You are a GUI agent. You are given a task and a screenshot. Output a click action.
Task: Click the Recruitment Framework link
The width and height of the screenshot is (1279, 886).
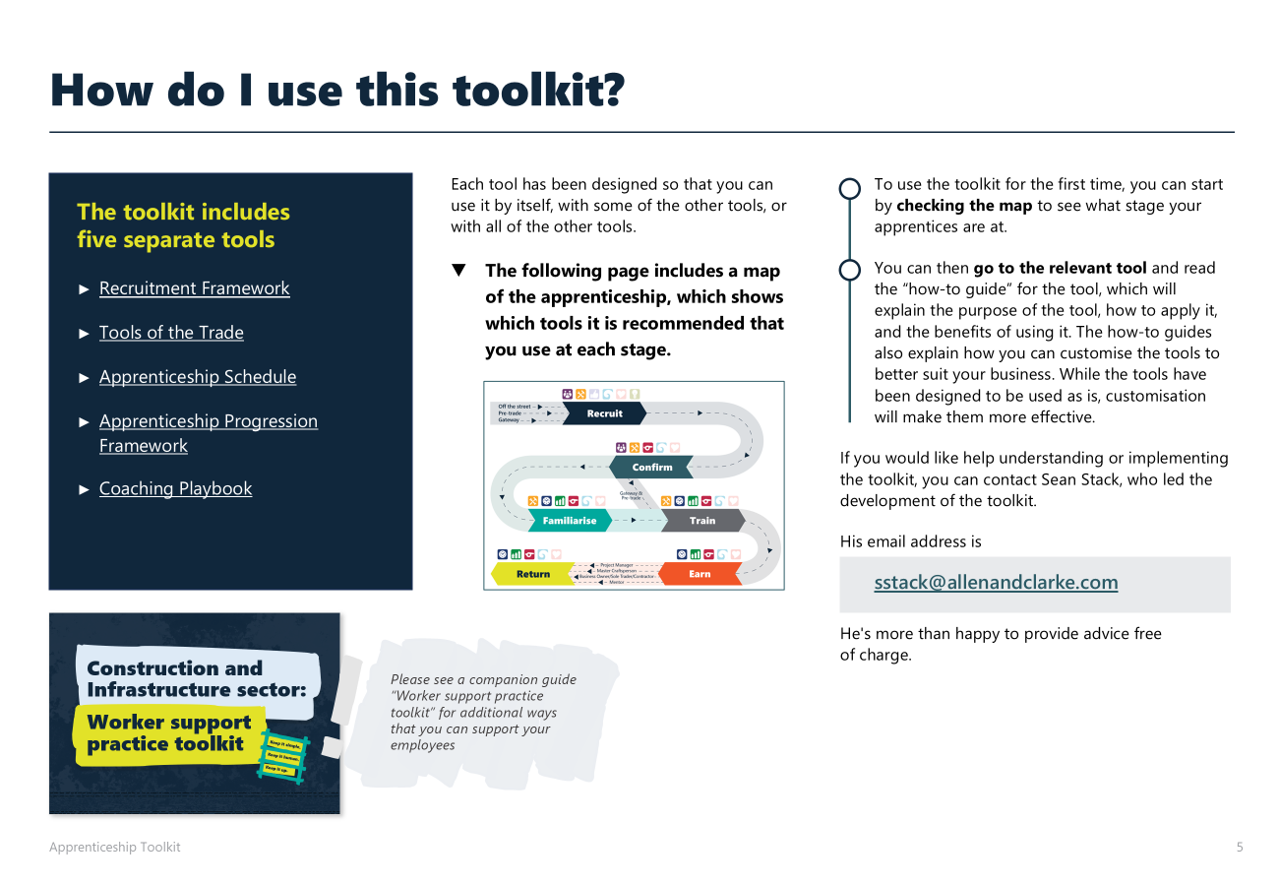[x=194, y=288]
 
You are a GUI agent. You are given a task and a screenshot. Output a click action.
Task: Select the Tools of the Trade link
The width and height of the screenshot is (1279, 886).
[x=171, y=333]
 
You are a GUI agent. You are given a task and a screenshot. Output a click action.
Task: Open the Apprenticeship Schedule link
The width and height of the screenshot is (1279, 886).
[x=197, y=377]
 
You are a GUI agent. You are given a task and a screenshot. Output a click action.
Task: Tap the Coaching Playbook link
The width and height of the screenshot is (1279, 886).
[x=175, y=489]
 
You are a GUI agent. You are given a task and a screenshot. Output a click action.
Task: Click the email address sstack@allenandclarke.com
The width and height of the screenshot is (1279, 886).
[x=996, y=582]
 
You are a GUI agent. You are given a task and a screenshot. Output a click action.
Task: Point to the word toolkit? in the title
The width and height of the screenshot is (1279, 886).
[x=538, y=91]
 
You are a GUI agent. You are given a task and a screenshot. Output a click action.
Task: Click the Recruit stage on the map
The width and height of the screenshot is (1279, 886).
[x=604, y=413]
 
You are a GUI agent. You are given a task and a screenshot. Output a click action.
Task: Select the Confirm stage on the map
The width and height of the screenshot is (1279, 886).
[x=651, y=467]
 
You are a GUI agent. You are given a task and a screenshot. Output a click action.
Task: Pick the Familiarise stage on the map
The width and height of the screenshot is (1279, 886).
[x=569, y=521]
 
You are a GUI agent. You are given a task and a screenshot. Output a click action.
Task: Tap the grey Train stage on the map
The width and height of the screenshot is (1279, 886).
[x=701, y=521]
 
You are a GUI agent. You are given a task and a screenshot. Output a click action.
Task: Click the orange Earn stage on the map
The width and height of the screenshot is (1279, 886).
[x=700, y=574]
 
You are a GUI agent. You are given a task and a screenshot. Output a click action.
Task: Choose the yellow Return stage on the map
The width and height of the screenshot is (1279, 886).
[x=532, y=574]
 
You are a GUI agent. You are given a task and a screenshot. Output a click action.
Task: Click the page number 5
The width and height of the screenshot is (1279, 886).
[x=1240, y=847]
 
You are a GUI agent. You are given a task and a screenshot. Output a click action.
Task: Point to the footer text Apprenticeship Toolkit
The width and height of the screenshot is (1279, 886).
[x=115, y=847]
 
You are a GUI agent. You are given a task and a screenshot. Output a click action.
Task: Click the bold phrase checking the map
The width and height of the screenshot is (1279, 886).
[x=964, y=206]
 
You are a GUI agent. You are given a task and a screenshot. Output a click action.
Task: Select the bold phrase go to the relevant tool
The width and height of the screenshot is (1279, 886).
[x=1060, y=268]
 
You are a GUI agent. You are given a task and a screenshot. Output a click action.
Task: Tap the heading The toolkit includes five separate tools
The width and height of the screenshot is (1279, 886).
[x=183, y=225]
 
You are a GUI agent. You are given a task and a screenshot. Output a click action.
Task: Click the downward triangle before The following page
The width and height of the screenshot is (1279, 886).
[x=458, y=271]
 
